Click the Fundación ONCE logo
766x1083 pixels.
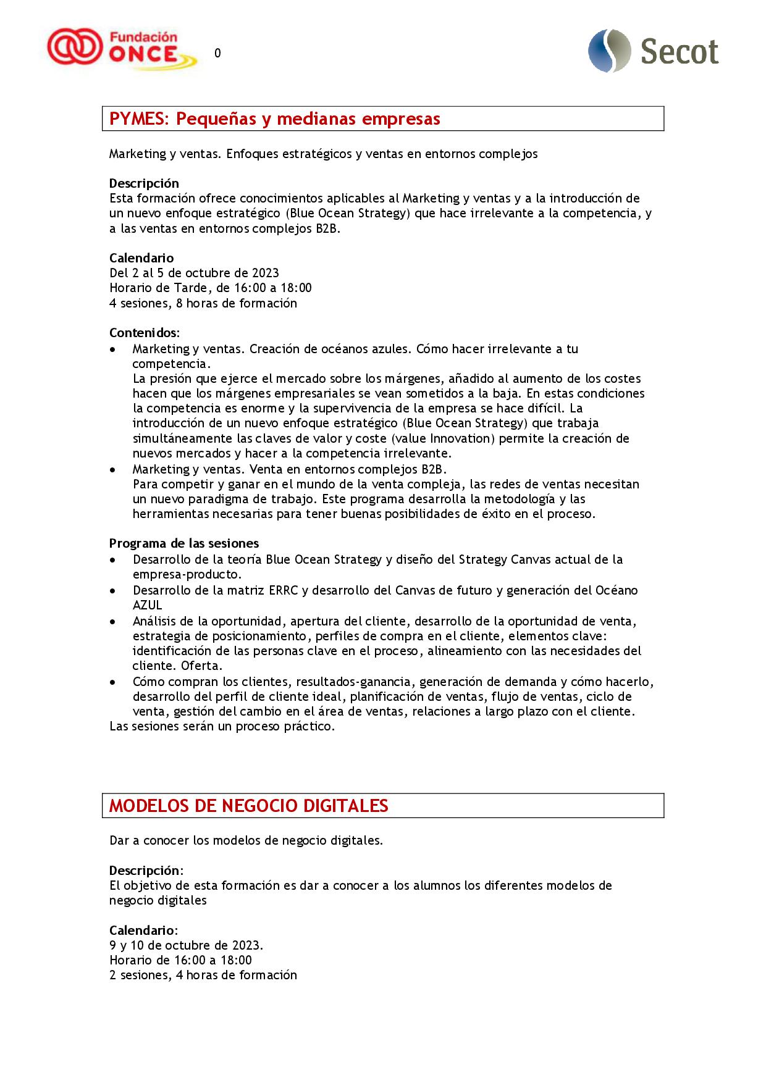click(x=122, y=49)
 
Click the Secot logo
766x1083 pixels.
click(x=654, y=51)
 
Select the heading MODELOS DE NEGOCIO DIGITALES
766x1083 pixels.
click(x=248, y=806)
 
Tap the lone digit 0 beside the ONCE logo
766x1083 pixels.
click(x=217, y=54)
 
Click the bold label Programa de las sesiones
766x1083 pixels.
click(x=184, y=543)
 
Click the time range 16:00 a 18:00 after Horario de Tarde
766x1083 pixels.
click(x=272, y=288)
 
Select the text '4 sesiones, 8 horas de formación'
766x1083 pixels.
click(x=203, y=303)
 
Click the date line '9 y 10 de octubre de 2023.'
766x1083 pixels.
click(x=186, y=945)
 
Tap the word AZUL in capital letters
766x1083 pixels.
click(x=147, y=605)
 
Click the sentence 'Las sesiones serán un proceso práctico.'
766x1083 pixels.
click(x=222, y=726)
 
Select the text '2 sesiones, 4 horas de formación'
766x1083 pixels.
click(x=203, y=976)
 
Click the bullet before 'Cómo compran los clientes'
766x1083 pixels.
click(x=112, y=682)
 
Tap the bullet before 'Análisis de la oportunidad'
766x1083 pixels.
click(x=112, y=621)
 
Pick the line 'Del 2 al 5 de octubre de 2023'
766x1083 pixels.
click(x=194, y=273)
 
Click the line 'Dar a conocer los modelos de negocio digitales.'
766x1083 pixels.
click(x=246, y=840)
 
